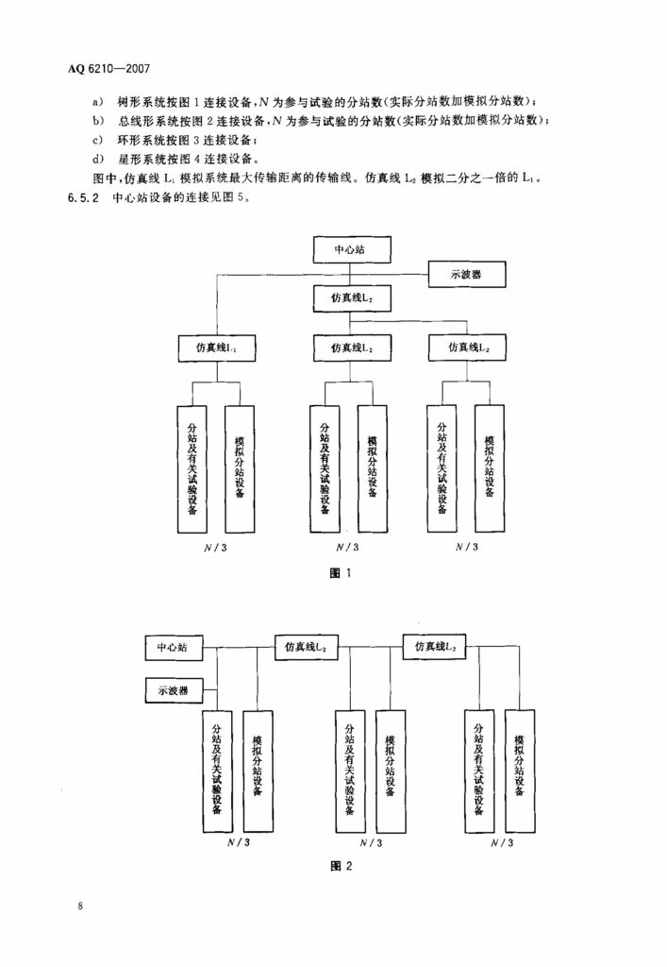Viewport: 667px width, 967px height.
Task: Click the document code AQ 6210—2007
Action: [x=108, y=68]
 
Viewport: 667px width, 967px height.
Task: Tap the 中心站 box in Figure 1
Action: [x=350, y=249]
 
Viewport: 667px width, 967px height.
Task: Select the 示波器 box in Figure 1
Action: [x=467, y=275]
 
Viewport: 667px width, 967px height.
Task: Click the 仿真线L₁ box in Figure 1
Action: [x=217, y=348]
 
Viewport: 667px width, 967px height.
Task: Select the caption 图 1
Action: [x=341, y=573]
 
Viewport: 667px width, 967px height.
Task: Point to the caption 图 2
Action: [x=342, y=866]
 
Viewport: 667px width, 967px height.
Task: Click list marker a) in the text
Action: [x=98, y=101]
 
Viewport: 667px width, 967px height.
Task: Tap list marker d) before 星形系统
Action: [x=98, y=160]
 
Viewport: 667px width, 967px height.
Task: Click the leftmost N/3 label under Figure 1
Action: [x=215, y=547]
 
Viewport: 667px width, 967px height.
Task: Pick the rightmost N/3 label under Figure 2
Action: [x=502, y=842]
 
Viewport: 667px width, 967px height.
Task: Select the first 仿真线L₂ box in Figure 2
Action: [x=306, y=647]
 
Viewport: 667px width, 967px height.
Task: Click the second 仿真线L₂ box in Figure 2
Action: [x=434, y=646]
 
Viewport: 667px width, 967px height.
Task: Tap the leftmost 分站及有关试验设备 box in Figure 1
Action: [x=192, y=469]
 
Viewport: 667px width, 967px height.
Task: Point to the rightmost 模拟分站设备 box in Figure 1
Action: [x=490, y=468]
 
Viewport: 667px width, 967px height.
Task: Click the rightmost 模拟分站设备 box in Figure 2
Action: [x=520, y=771]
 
